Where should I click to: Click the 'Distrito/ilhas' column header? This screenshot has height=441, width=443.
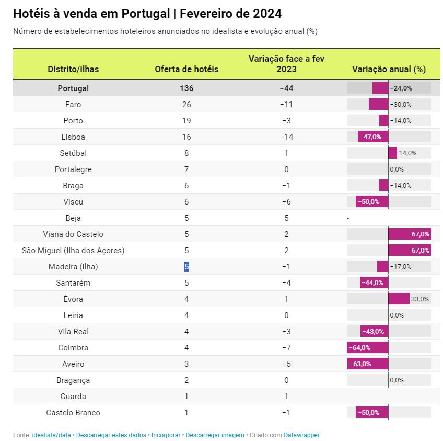pos(73,69)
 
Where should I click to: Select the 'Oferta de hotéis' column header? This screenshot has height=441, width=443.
pos(186,69)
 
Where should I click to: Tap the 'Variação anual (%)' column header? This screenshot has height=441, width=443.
pos(389,69)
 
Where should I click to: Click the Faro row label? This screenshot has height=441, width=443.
pos(73,105)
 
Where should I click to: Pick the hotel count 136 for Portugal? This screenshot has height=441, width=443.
pos(186,88)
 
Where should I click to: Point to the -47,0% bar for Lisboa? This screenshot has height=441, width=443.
pos(373,137)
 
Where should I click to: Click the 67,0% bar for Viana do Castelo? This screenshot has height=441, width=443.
pos(410,234)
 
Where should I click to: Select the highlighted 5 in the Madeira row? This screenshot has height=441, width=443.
pos(186,267)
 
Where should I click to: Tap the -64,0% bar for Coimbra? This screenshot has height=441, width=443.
pos(368,348)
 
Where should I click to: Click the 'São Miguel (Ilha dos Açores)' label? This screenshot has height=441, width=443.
pos(73,251)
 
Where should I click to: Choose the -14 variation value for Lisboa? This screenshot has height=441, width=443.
pos(286,137)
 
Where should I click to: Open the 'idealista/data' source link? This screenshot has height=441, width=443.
pos(51,435)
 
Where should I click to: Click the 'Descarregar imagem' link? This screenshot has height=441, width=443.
pos(215,435)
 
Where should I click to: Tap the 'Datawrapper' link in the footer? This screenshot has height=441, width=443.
pos(301,435)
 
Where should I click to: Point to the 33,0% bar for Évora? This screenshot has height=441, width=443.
pos(399,299)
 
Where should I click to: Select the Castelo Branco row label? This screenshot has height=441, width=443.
pos(73,413)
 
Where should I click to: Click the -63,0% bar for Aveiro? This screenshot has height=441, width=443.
pos(368,364)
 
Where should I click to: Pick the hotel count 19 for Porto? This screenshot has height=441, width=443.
pos(186,121)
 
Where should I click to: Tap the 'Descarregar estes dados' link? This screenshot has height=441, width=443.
pos(111,435)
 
